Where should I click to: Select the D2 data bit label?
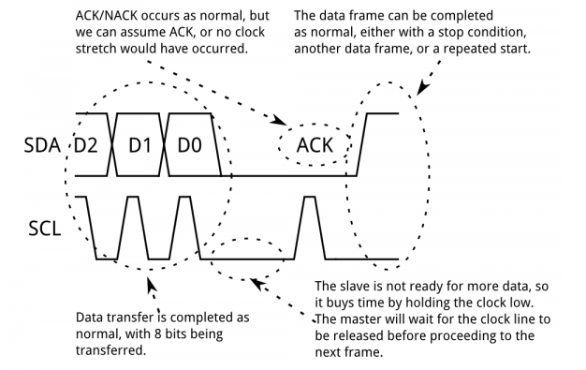[x=87, y=147]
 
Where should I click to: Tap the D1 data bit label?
[x=139, y=147]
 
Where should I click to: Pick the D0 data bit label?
[x=191, y=147]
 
